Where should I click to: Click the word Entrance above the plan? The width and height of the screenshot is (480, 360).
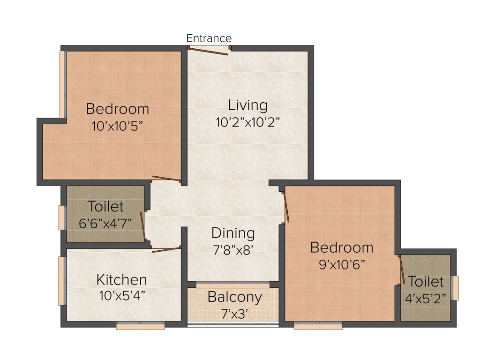click(209, 38)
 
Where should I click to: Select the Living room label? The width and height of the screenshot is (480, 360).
click(247, 105)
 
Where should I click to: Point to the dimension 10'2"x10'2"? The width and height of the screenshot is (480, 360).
click(247, 122)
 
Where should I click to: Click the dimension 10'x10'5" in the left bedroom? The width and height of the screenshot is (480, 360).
click(117, 126)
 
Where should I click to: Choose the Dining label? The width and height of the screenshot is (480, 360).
click(233, 233)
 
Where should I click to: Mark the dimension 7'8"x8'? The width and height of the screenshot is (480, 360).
click(233, 250)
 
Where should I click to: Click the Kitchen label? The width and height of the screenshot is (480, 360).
click(121, 280)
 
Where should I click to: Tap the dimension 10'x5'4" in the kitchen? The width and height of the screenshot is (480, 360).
click(121, 296)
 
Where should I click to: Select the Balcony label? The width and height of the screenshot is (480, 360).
click(234, 297)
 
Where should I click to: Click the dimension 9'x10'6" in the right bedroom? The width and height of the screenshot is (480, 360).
click(342, 264)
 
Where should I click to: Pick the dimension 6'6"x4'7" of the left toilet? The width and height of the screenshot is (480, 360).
click(105, 223)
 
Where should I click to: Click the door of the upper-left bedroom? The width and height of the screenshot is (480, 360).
click(166, 178)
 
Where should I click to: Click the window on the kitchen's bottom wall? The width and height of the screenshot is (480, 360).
click(141, 326)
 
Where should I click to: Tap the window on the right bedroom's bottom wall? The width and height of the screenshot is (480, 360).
click(318, 326)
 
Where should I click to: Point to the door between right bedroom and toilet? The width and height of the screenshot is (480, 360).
click(401, 270)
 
